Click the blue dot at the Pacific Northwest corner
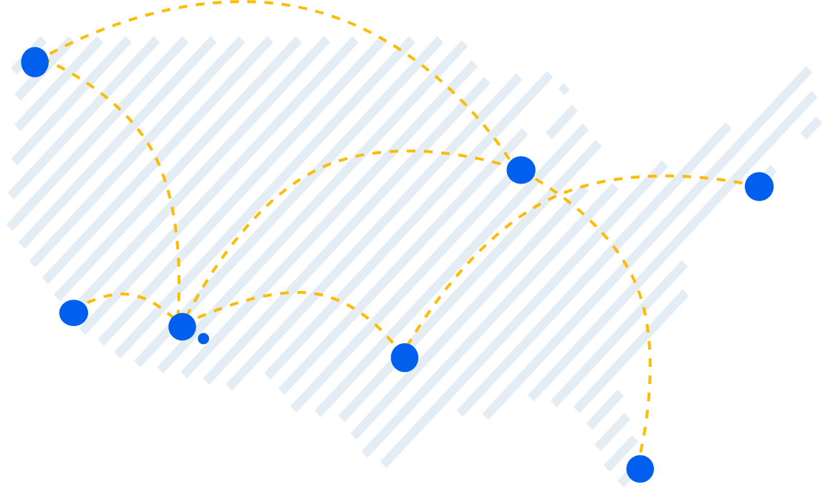(x=34, y=62)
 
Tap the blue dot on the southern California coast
(x=73, y=313)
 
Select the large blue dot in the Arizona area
(x=182, y=327)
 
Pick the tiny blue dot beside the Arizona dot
(x=203, y=338)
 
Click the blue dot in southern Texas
(x=404, y=358)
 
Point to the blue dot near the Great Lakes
(x=521, y=170)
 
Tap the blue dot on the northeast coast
(x=759, y=186)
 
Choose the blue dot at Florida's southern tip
(x=640, y=469)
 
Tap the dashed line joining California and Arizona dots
(x=125, y=294)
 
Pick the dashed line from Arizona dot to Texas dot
(x=301, y=292)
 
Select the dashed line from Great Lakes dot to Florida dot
(x=630, y=272)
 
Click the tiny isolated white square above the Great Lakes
(x=564, y=89)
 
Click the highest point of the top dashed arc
(x=236, y=2)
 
